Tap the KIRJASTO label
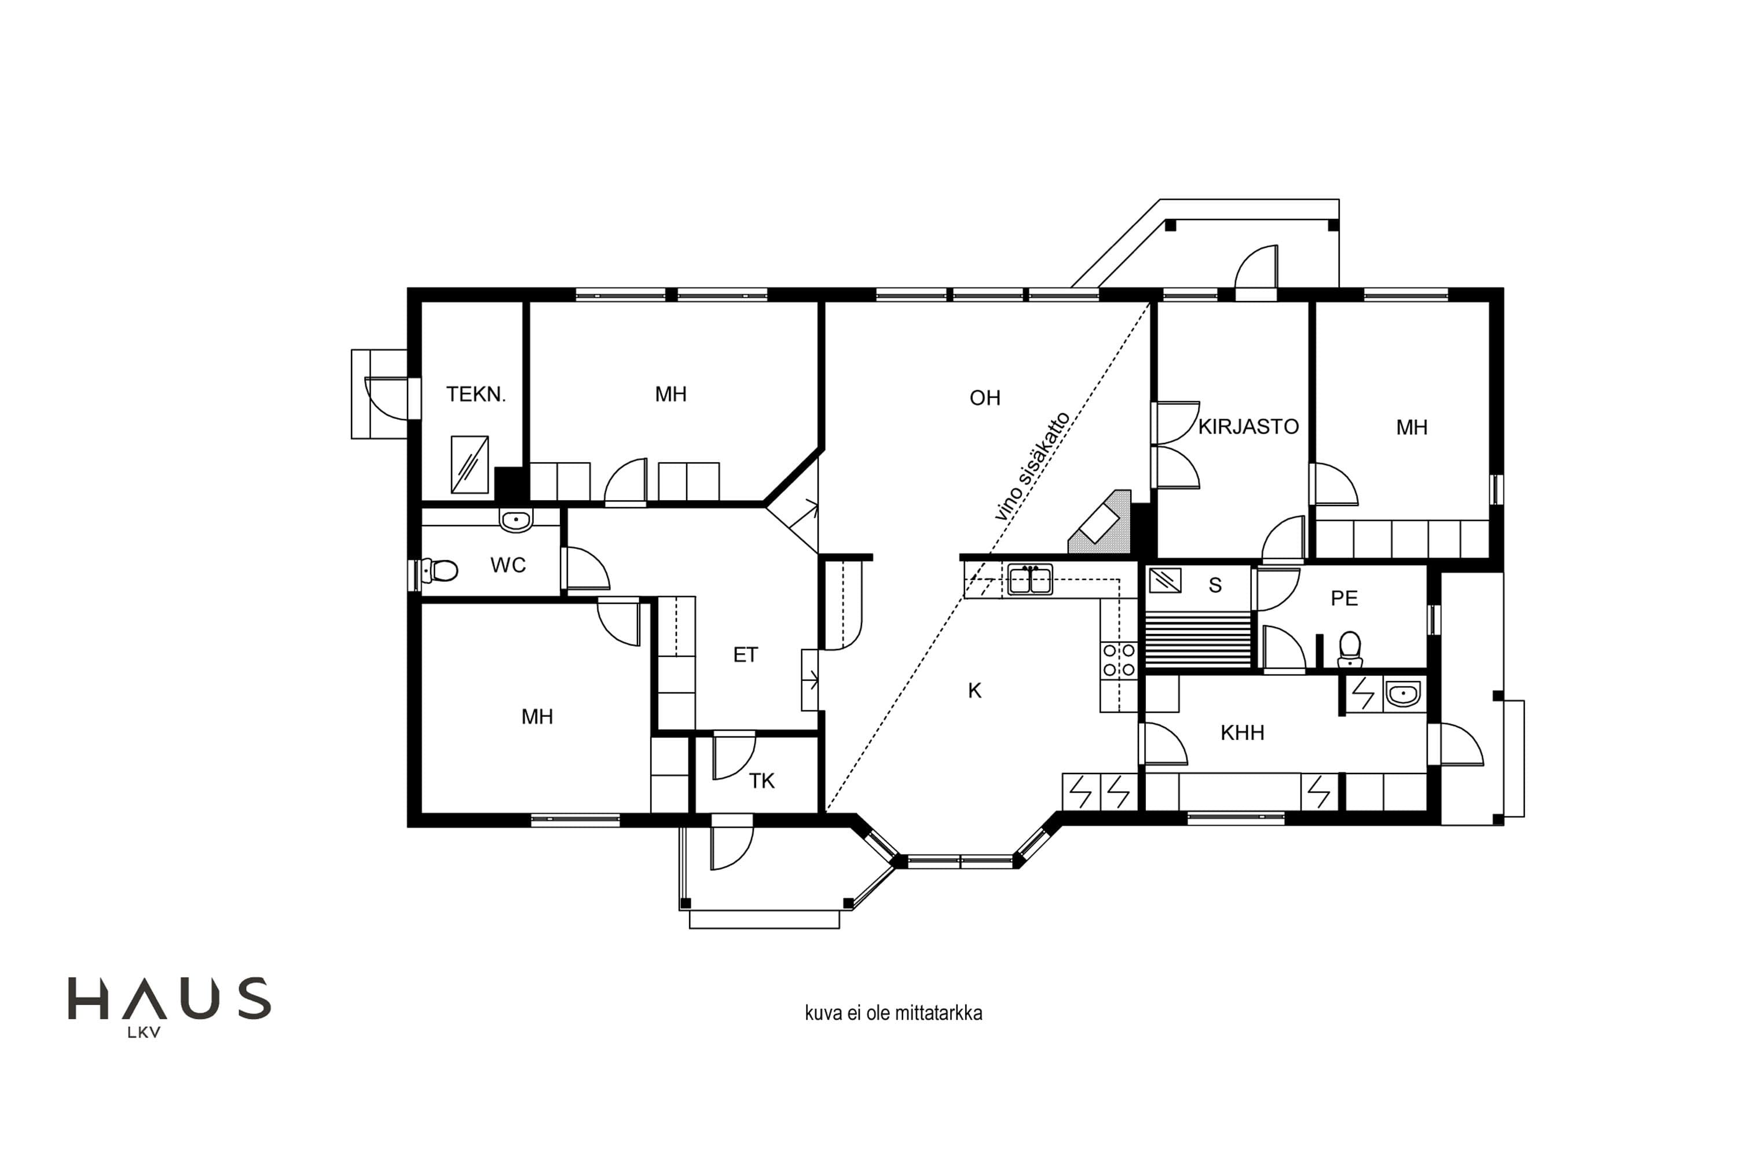[1248, 427]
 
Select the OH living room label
[984, 398]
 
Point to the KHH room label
[1242, 732]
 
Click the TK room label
[761, 780]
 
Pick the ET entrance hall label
[745, 655]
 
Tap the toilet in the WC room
[439, 570]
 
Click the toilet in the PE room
[1350, 649]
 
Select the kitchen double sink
[1030, 580]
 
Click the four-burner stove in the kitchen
[1118, 660]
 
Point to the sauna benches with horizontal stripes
[1199, 640]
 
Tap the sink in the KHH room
[1402, 695]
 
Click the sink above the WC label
[515, 520]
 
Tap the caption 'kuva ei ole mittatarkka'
[893, 1013]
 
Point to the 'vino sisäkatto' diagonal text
[1032, 467]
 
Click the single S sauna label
[1215, 585]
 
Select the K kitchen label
[975, 691]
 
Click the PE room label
[1344, 598]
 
